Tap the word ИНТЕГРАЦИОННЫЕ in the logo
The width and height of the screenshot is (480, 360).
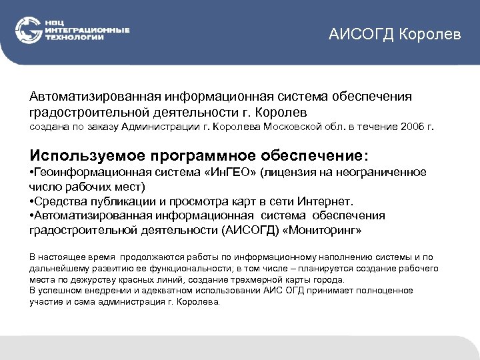point(87,31)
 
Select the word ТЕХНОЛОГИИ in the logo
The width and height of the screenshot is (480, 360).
point(75,37)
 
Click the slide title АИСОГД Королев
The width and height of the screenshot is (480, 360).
point(394,34)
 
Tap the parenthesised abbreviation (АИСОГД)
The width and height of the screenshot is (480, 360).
point(244,230)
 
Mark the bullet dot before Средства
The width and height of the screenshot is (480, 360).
point(32,201)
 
